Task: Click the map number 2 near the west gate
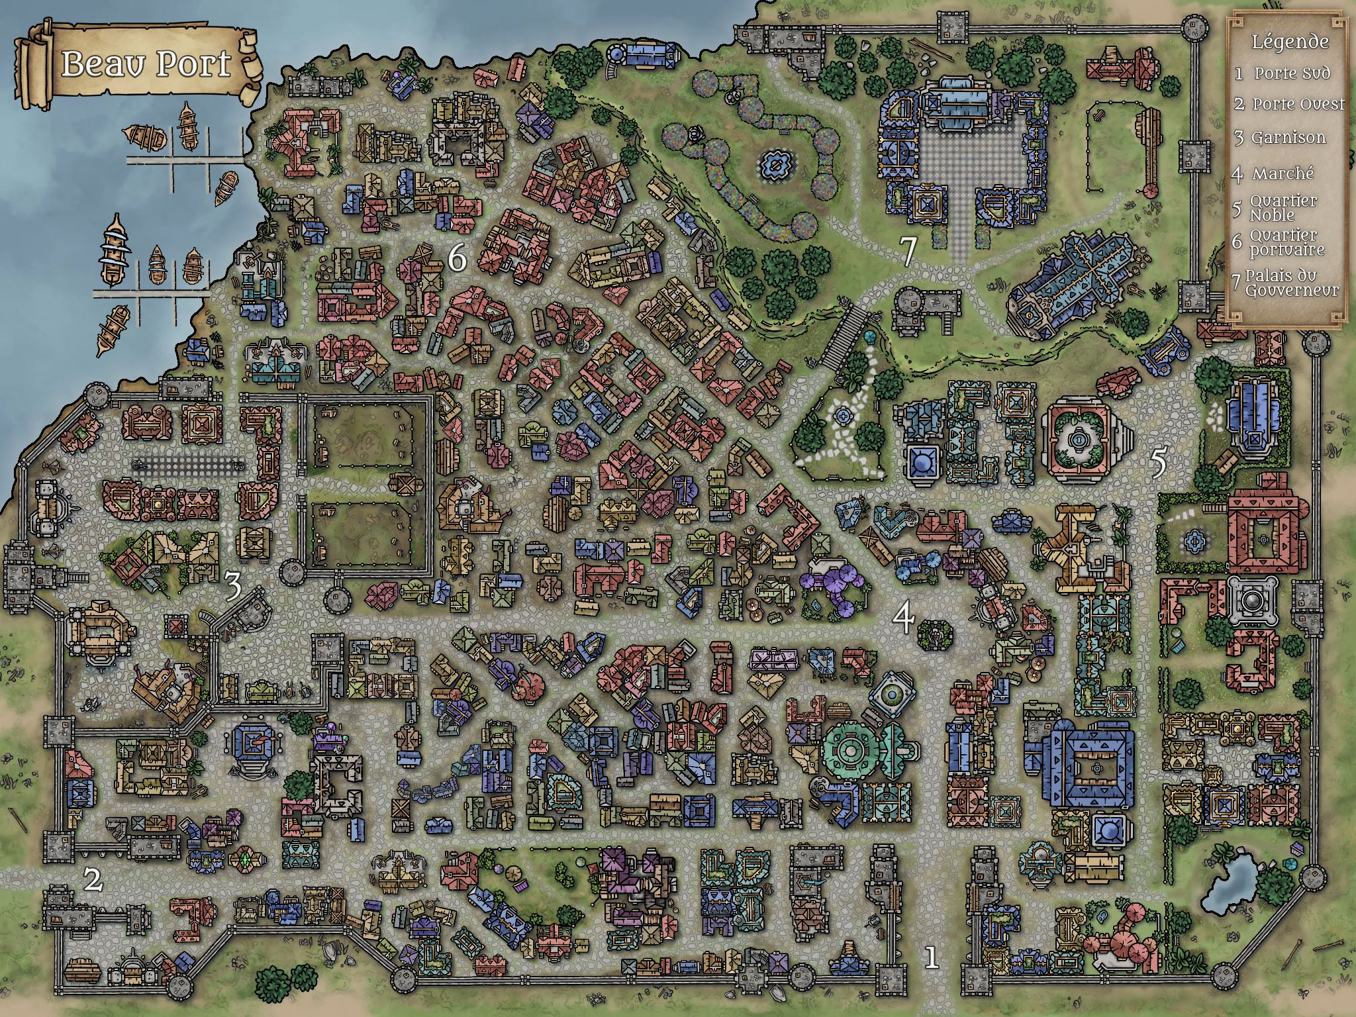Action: pos(93,880)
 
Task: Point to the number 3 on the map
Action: pos(232,587)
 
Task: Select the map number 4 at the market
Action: pos(903,618)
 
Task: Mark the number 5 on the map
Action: pos(1158,463)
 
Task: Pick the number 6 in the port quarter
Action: pos(457,258)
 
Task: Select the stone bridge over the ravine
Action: pos(843,338)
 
